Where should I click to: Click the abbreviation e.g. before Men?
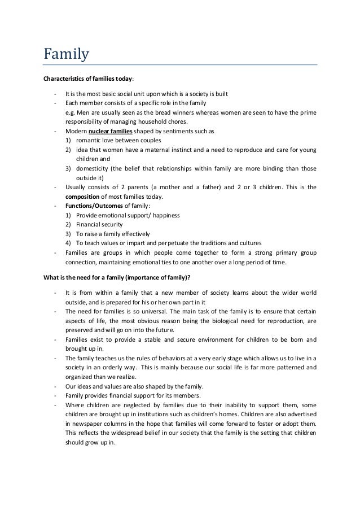click(71, 112)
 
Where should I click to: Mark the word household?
click(149, 121)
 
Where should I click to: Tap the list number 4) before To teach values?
click(68, 243)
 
